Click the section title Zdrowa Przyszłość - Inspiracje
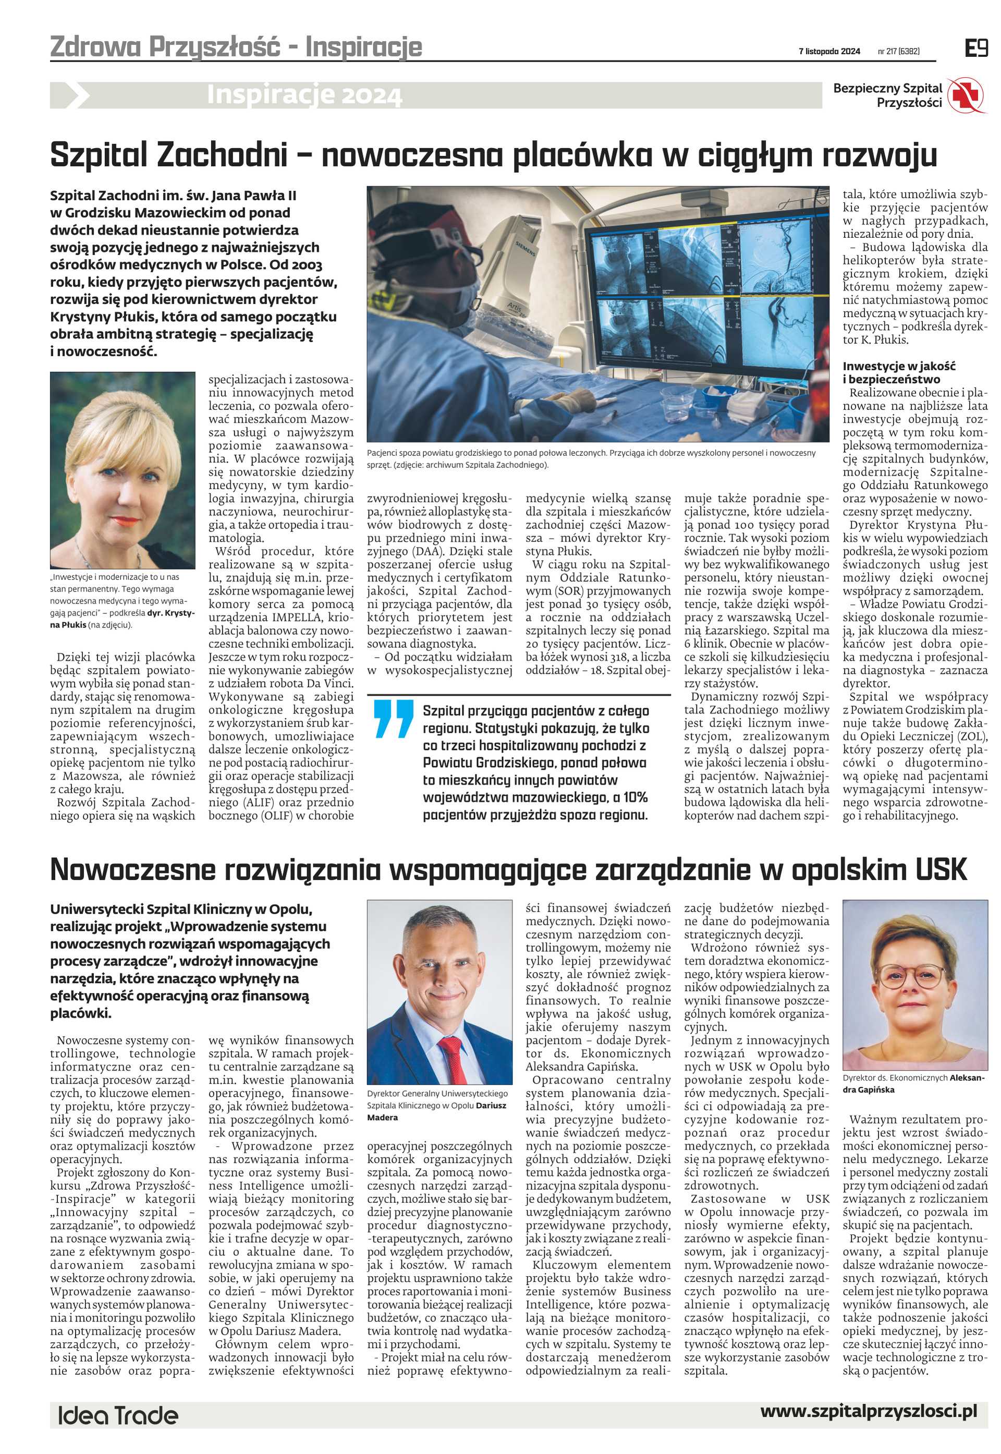pos(236,46)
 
